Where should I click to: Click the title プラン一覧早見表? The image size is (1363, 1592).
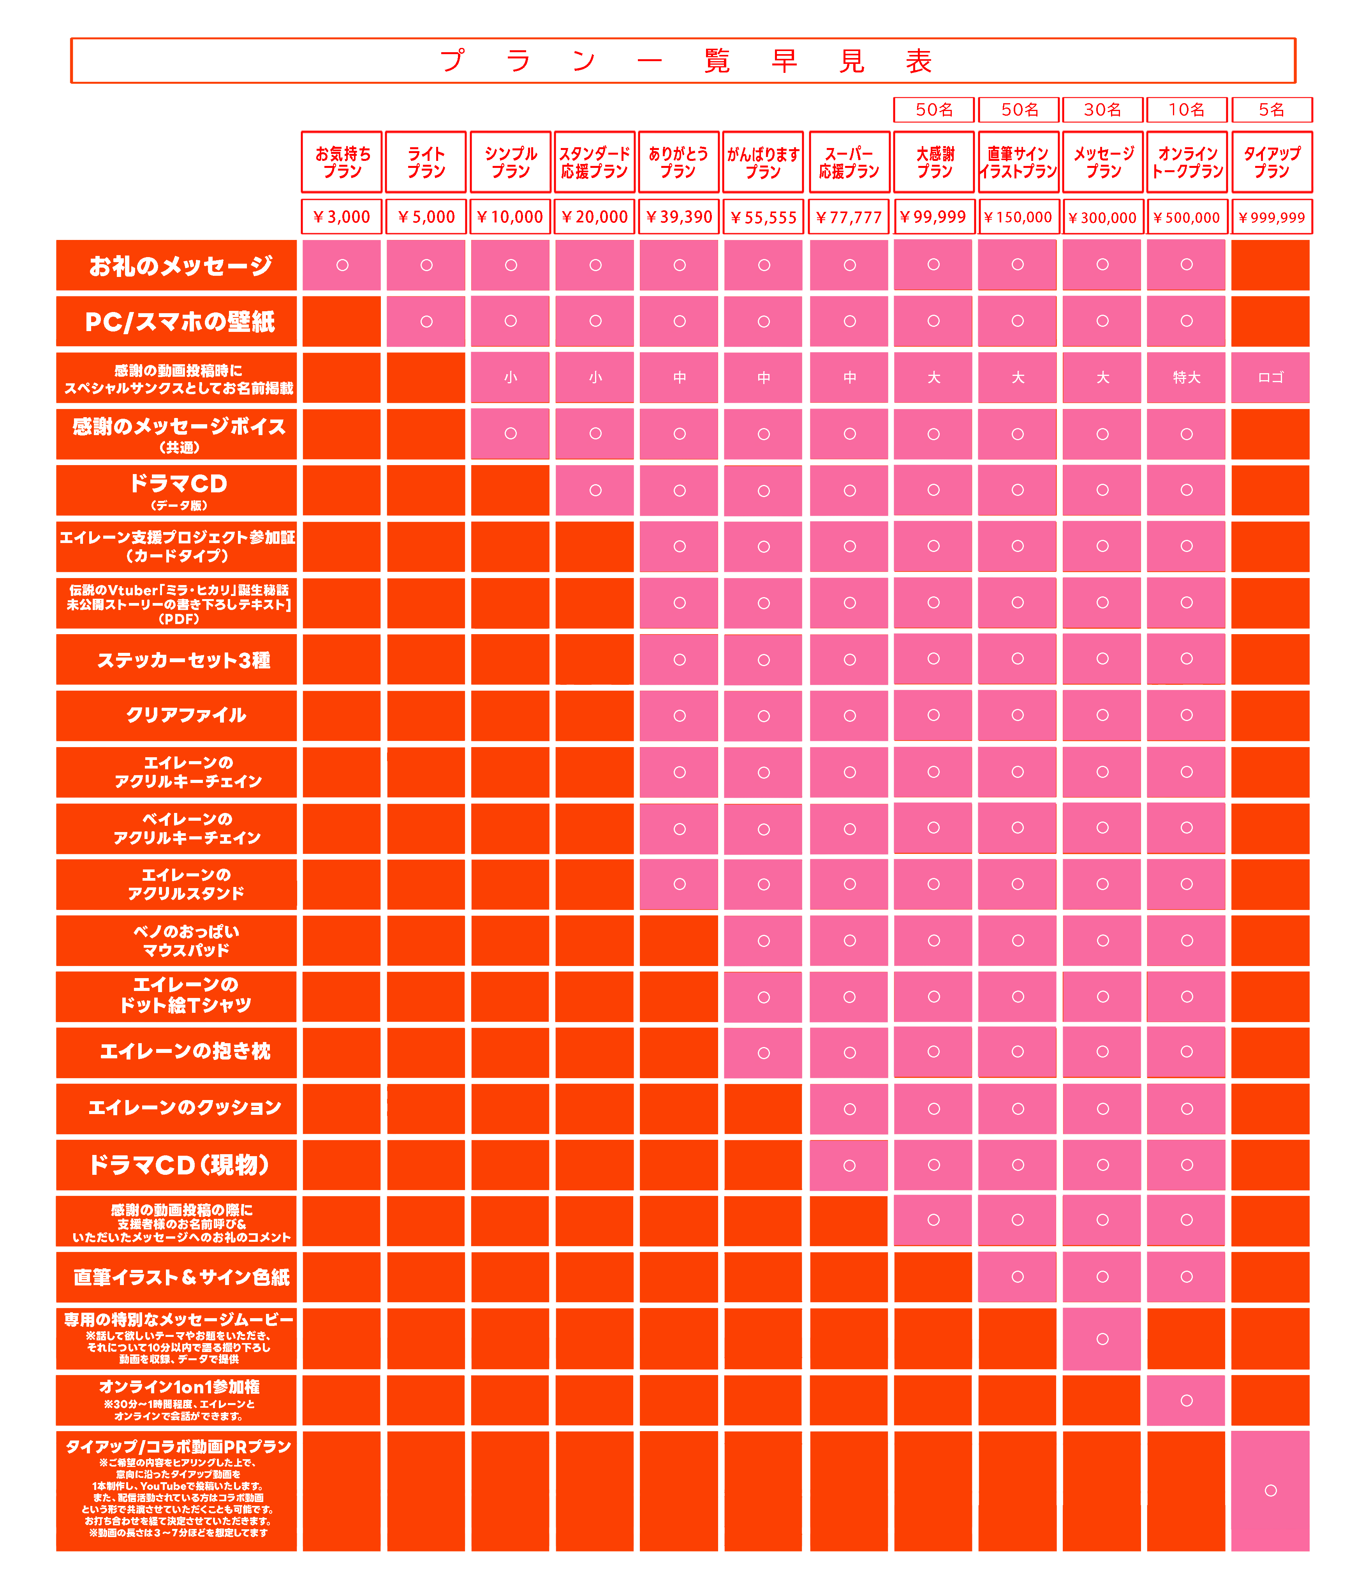[683, 61]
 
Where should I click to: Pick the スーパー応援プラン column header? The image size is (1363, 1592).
[849, 162]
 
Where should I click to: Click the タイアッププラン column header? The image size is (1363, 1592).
[1271, 162]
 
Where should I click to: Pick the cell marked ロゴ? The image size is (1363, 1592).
[1271, 377]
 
